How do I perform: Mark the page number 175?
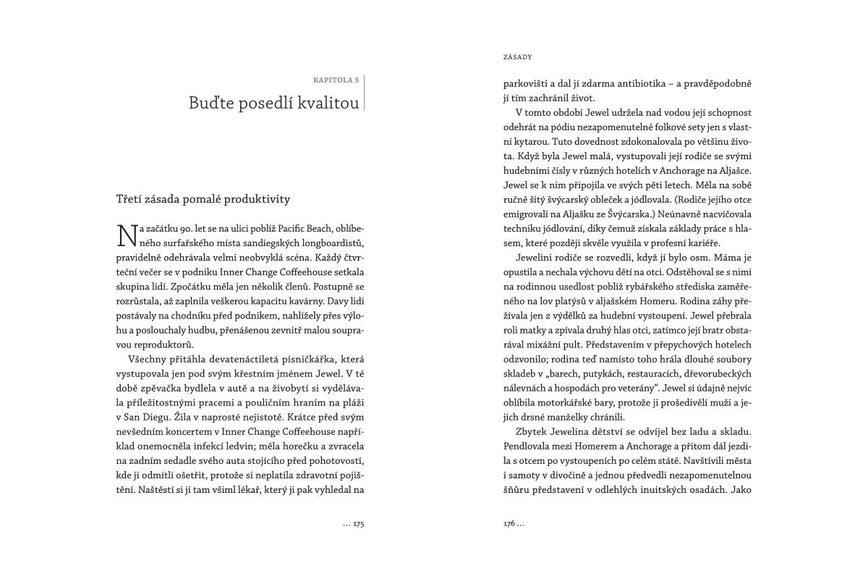(358, 524)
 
